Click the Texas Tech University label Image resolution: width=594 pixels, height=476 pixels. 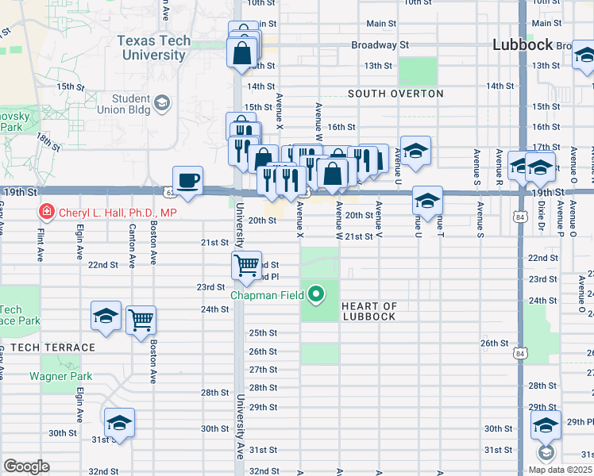(x=153, y=48)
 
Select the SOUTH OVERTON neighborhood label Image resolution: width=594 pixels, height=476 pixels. (x=395, y=94)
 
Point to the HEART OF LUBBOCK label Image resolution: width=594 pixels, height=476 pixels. (x=368, y=312)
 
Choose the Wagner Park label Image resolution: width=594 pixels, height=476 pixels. (x=61, y=377)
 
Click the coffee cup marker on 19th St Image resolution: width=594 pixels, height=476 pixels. (x=187, y=180)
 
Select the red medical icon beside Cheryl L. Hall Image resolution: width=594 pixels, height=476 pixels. (x=46, y=212)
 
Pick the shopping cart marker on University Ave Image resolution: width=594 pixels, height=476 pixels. (x=246, y=265)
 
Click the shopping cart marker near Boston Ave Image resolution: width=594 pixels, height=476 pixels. (x=141, y=321)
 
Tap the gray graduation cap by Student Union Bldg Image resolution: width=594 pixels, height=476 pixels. (x=161, y=102)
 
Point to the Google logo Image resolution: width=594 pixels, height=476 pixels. (x=26, y=466)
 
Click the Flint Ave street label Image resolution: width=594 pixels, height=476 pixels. (x=40, y=245)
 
